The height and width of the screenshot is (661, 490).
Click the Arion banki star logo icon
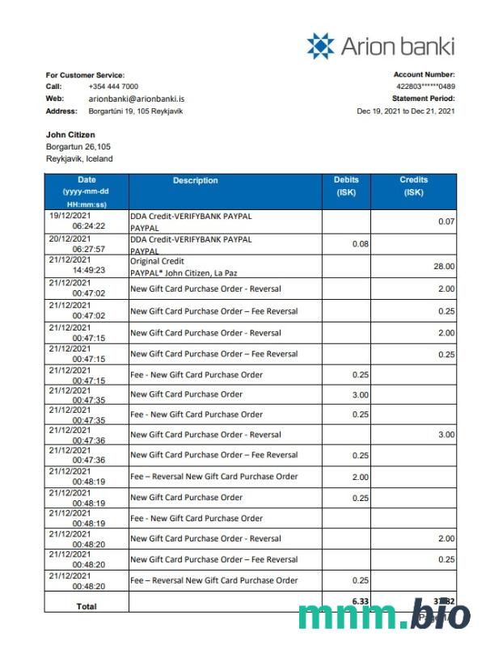coord(320,45)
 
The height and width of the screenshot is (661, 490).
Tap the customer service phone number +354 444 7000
coord(113,86)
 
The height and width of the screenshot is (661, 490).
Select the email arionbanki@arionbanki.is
coord(136,99)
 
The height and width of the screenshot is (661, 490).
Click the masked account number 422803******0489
coord(425,86)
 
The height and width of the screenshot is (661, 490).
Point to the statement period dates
coord(405,112)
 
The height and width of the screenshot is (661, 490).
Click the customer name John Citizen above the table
coord(70,135)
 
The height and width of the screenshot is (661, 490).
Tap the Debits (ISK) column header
coord(346,186)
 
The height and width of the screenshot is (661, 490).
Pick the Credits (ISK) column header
coord(413,186)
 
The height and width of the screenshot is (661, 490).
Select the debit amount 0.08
coord(361,243)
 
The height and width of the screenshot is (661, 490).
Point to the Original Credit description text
coord(157,262)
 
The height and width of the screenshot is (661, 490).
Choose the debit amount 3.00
coord(361,394)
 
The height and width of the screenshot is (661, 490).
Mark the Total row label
coord(86,606)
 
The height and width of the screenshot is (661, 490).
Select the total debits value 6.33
coord(361,600)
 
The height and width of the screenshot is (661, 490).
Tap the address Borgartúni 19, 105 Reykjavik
coord(135,112)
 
